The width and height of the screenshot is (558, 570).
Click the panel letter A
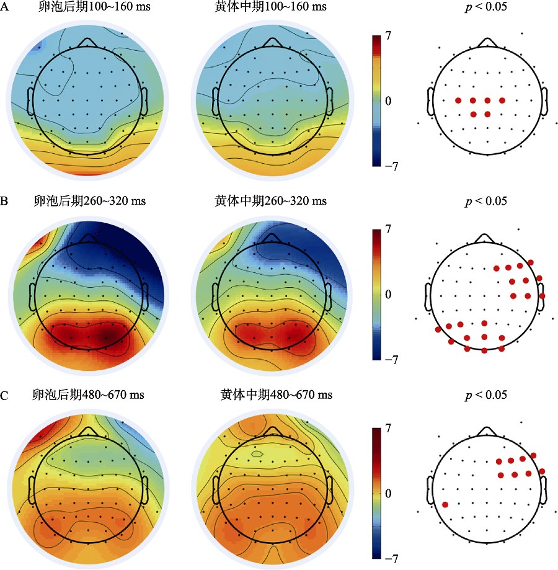[x=5, y=7]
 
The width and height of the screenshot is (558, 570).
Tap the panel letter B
[x=5, y=202]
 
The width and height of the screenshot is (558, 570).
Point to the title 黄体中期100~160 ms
[x=270, y=7]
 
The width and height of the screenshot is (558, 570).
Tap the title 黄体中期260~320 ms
[x=270, y=202]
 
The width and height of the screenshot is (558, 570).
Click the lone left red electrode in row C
[x=445, y=504]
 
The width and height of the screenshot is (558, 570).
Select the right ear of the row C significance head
[x=544, y=490]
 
